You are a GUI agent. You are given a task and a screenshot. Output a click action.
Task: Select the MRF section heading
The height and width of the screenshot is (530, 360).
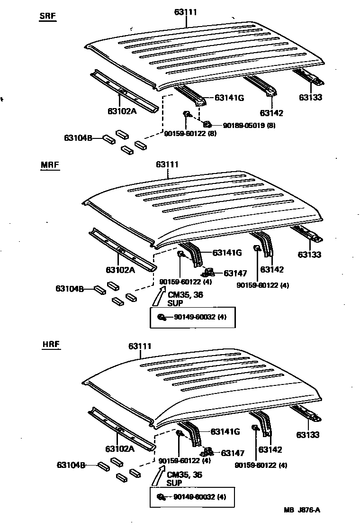coord(49,165)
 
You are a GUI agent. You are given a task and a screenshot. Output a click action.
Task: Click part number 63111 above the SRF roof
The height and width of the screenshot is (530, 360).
coord(185,12)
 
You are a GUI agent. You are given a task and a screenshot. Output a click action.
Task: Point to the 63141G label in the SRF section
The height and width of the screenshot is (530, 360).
coord(229,98)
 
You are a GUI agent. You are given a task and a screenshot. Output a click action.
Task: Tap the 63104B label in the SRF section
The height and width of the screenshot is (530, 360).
coord(78,138)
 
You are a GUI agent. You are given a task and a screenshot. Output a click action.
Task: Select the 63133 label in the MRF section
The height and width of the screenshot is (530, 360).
coord(310,255)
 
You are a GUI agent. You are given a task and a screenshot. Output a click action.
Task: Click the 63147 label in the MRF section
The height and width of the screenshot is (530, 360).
coord(235,273)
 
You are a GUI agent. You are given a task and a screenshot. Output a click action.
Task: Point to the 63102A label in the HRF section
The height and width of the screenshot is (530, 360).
coord(120,448)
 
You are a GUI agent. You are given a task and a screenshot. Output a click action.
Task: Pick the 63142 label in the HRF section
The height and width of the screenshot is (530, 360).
coord(270,449)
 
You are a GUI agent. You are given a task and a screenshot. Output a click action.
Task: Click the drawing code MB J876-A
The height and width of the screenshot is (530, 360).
coord(302,510)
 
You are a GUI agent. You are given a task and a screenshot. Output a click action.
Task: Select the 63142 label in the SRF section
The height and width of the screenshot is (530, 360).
coord(271,113)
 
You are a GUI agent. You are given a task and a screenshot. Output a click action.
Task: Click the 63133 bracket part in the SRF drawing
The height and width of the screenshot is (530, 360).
coord(309,77)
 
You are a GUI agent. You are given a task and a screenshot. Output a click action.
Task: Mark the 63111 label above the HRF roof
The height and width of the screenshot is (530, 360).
coord(140,346)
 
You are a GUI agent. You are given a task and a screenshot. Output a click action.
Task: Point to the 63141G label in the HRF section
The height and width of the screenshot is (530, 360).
coord(225,431)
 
